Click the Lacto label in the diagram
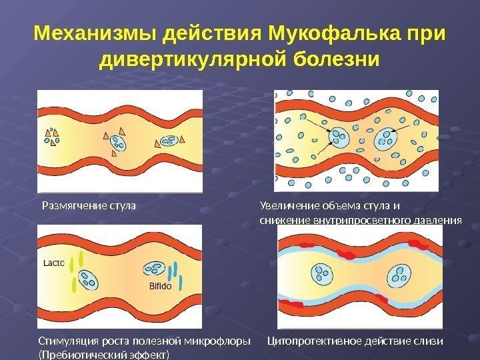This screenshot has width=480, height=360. pos(54,263)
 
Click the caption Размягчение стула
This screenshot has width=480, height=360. pos(89,205)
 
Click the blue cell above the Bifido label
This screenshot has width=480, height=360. pos(153,268)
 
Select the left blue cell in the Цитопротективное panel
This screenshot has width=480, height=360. pos(322,273)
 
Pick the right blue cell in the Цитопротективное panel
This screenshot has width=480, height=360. pos(402,273)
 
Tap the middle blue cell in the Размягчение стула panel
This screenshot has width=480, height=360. pos(117,141)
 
